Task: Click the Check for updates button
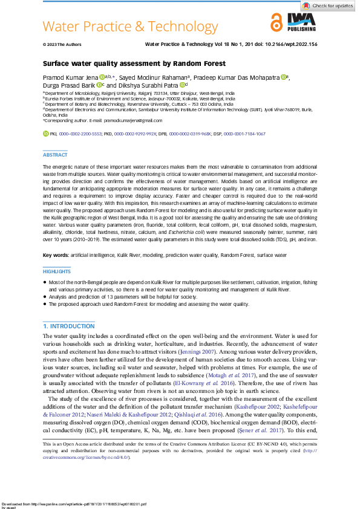pyautogui.click(x=329, y=5)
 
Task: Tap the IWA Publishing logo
pyautogui.click(x=301, y=24)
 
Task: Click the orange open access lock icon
pyautogui.click(x=277, y=24)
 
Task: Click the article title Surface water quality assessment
pyautogui.click(x=134, y=63)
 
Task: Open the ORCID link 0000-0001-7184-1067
pyautogui.click(x=244, y=132)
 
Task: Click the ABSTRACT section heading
pyautogui.click(x=55, y=155)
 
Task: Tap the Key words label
pyautogui.click(x=55, y=256)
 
